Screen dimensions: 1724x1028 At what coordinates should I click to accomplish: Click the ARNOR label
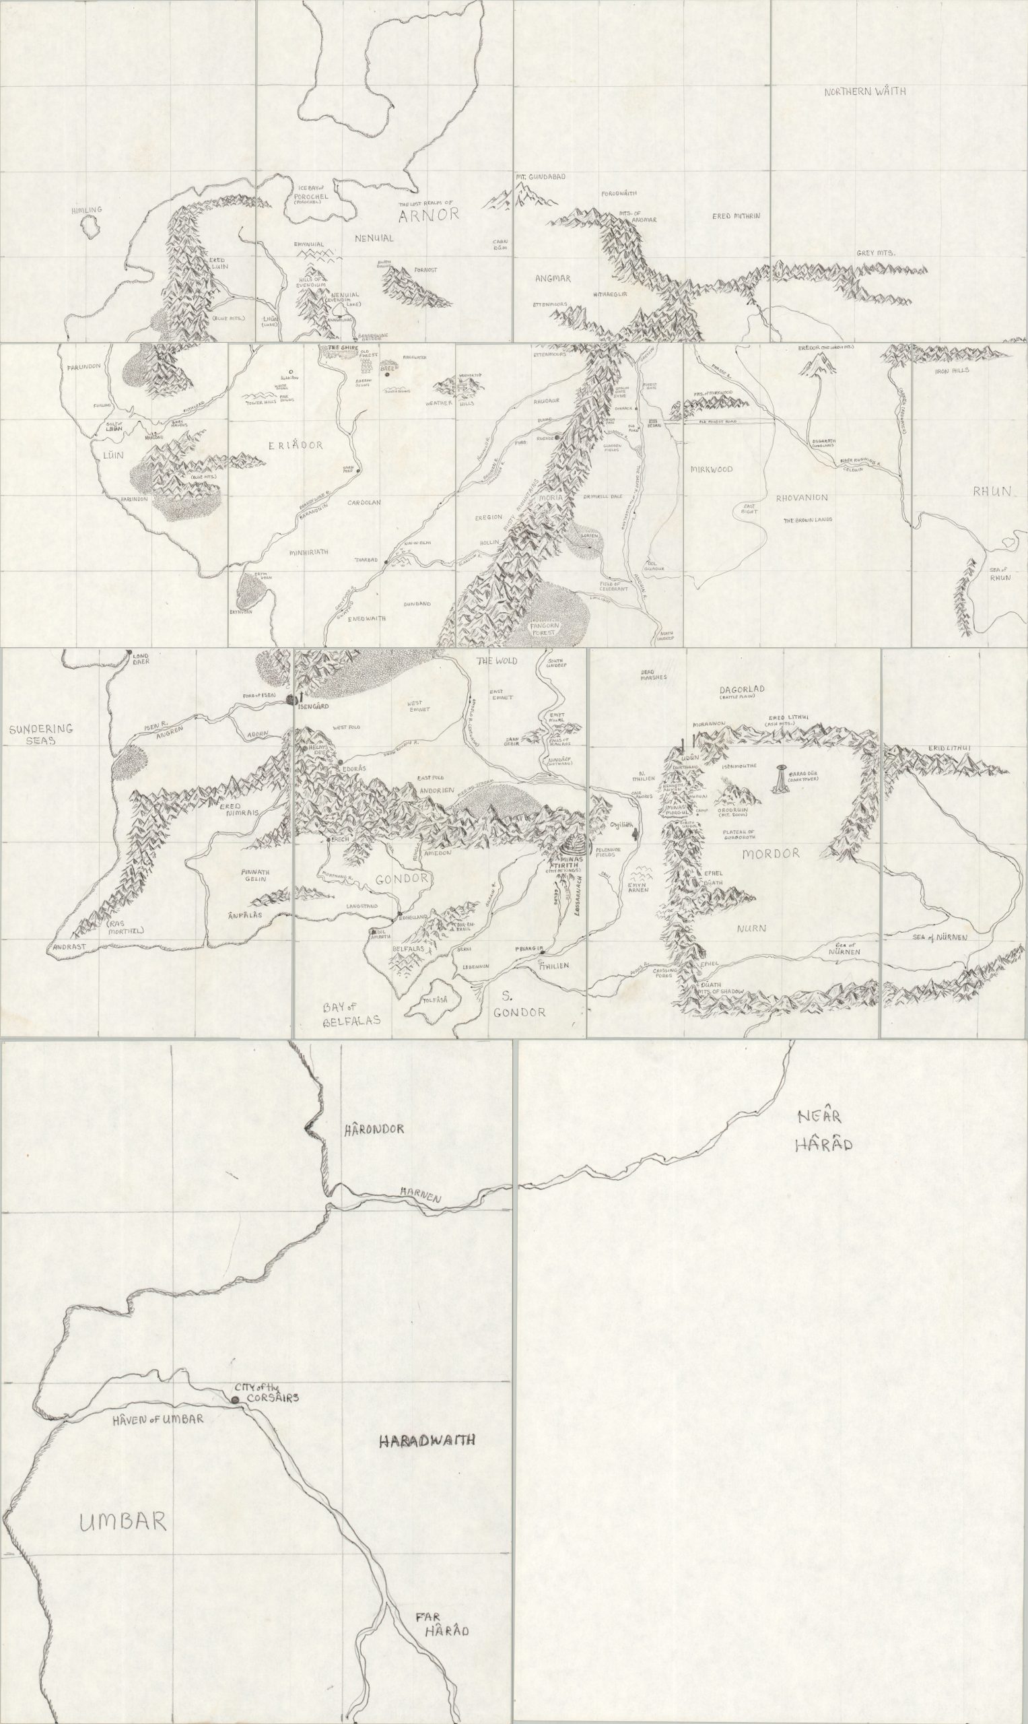(x=429, y=214)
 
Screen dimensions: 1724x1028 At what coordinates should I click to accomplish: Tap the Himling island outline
(x=88, y=227)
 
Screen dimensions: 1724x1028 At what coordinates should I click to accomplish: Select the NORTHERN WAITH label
(x=864, y=92)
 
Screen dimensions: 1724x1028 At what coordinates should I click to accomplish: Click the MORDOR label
(x=770, y=854)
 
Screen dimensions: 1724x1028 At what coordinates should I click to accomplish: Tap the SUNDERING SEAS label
(x=41, y=735)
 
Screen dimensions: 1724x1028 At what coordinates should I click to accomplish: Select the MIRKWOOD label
(x=712, y=469)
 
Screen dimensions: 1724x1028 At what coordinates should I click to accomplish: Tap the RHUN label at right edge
(x=991, y=492)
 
